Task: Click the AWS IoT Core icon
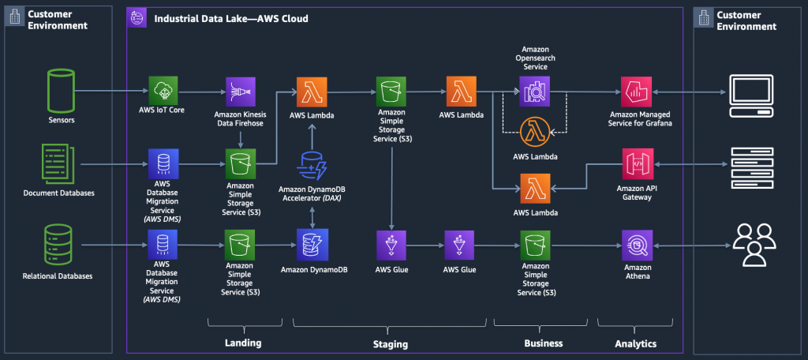(163, 92)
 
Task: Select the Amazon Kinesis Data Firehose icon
(241, 92)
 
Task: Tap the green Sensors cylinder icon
(60, 92)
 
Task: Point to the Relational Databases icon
(58, 244)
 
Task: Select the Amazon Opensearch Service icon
(535, 92)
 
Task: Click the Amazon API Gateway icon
(638, 163)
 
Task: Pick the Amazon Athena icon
(638, 245)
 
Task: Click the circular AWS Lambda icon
(536, 133)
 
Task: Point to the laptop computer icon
(751, 96)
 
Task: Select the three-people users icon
(754, 245)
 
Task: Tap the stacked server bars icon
(752, 167)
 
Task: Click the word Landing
(243, 343)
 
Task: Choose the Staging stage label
(390, 344)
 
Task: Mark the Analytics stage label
(636, 343)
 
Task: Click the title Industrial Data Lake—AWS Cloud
(231, 19)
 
